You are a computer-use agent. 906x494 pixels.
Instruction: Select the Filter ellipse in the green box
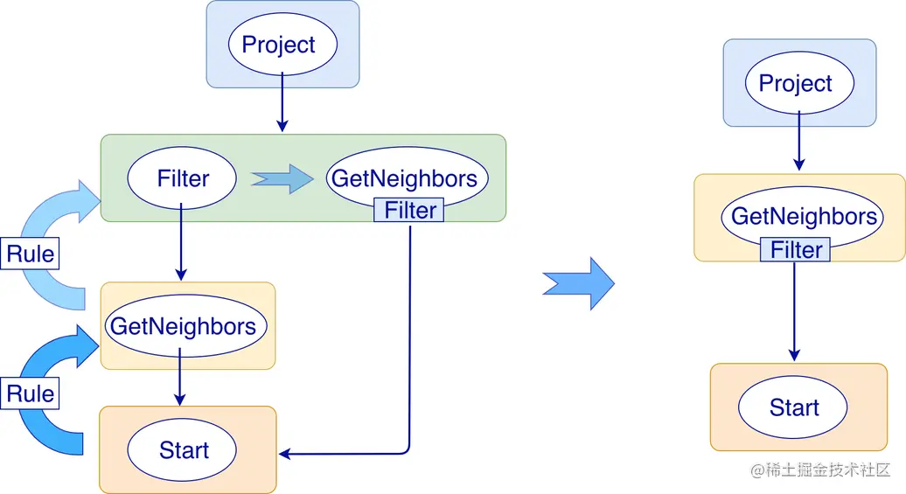[x=182, y=178]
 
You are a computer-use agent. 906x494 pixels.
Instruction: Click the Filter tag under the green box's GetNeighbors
[x=409, y=211]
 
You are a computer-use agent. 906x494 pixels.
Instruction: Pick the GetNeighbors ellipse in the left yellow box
[x=183, y=326]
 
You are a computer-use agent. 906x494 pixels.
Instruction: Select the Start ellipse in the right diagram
[x=793, y=407]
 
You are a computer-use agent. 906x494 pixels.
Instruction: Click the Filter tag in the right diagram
[x=796, y=250]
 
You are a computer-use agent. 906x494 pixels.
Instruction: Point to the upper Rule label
[x=30, y=254]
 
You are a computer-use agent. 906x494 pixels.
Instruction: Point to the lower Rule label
[x=30, y=393]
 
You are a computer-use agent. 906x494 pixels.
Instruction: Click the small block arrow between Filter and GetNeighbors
[x=282, y=178]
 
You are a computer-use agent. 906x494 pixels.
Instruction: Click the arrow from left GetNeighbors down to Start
[x=179, y=376]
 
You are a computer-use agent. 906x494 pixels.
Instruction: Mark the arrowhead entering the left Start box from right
[x=285, y=453]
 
